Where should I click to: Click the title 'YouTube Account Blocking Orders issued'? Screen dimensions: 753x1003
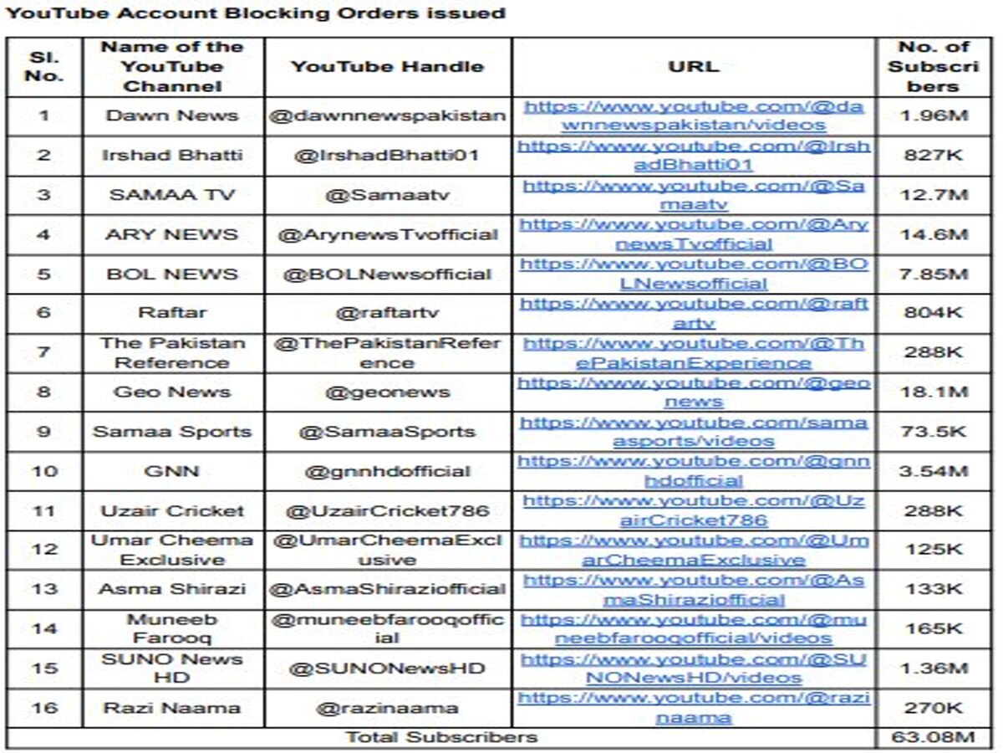coord(255,13)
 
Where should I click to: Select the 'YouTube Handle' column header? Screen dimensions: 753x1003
coord(388,67)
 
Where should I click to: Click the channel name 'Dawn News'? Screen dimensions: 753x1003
coord(172,115)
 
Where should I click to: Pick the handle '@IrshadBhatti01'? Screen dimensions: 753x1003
coord(388,156)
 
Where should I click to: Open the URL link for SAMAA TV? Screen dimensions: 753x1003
coord(694,195)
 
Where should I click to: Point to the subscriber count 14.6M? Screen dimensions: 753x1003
coord(935,234)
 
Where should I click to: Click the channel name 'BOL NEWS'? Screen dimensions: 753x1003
coord(172,274)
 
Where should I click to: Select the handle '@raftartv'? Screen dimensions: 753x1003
coord(388,313)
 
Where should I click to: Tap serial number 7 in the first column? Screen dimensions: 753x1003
coord(43,352)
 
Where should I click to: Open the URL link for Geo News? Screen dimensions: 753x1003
coord(694,392)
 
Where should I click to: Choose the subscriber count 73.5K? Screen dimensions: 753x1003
coord(935,432)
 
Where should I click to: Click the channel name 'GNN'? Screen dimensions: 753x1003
coord(172,471)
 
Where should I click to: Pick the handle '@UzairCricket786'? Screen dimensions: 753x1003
coord(388,510)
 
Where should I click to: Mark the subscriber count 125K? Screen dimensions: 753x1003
coord(935,550)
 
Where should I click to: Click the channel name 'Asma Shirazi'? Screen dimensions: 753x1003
coord(172,589)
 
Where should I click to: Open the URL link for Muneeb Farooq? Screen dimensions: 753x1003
coord(694,628)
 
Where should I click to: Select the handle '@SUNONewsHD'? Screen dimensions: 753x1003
coord(388,668)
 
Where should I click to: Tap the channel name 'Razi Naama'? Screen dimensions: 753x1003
coord(172,708)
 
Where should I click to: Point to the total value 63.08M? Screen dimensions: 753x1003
coord(935,737)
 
